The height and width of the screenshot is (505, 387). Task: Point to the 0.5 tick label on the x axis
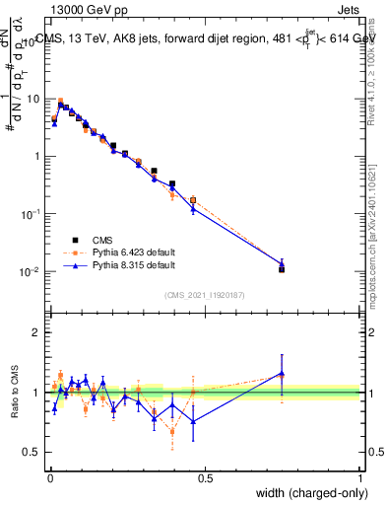[205, 477]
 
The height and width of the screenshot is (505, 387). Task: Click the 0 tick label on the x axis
[49, 477]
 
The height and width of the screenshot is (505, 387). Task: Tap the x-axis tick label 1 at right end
[360, 477]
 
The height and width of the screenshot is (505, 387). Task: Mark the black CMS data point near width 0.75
[282, 268]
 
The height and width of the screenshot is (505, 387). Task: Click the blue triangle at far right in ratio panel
[282, 374]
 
